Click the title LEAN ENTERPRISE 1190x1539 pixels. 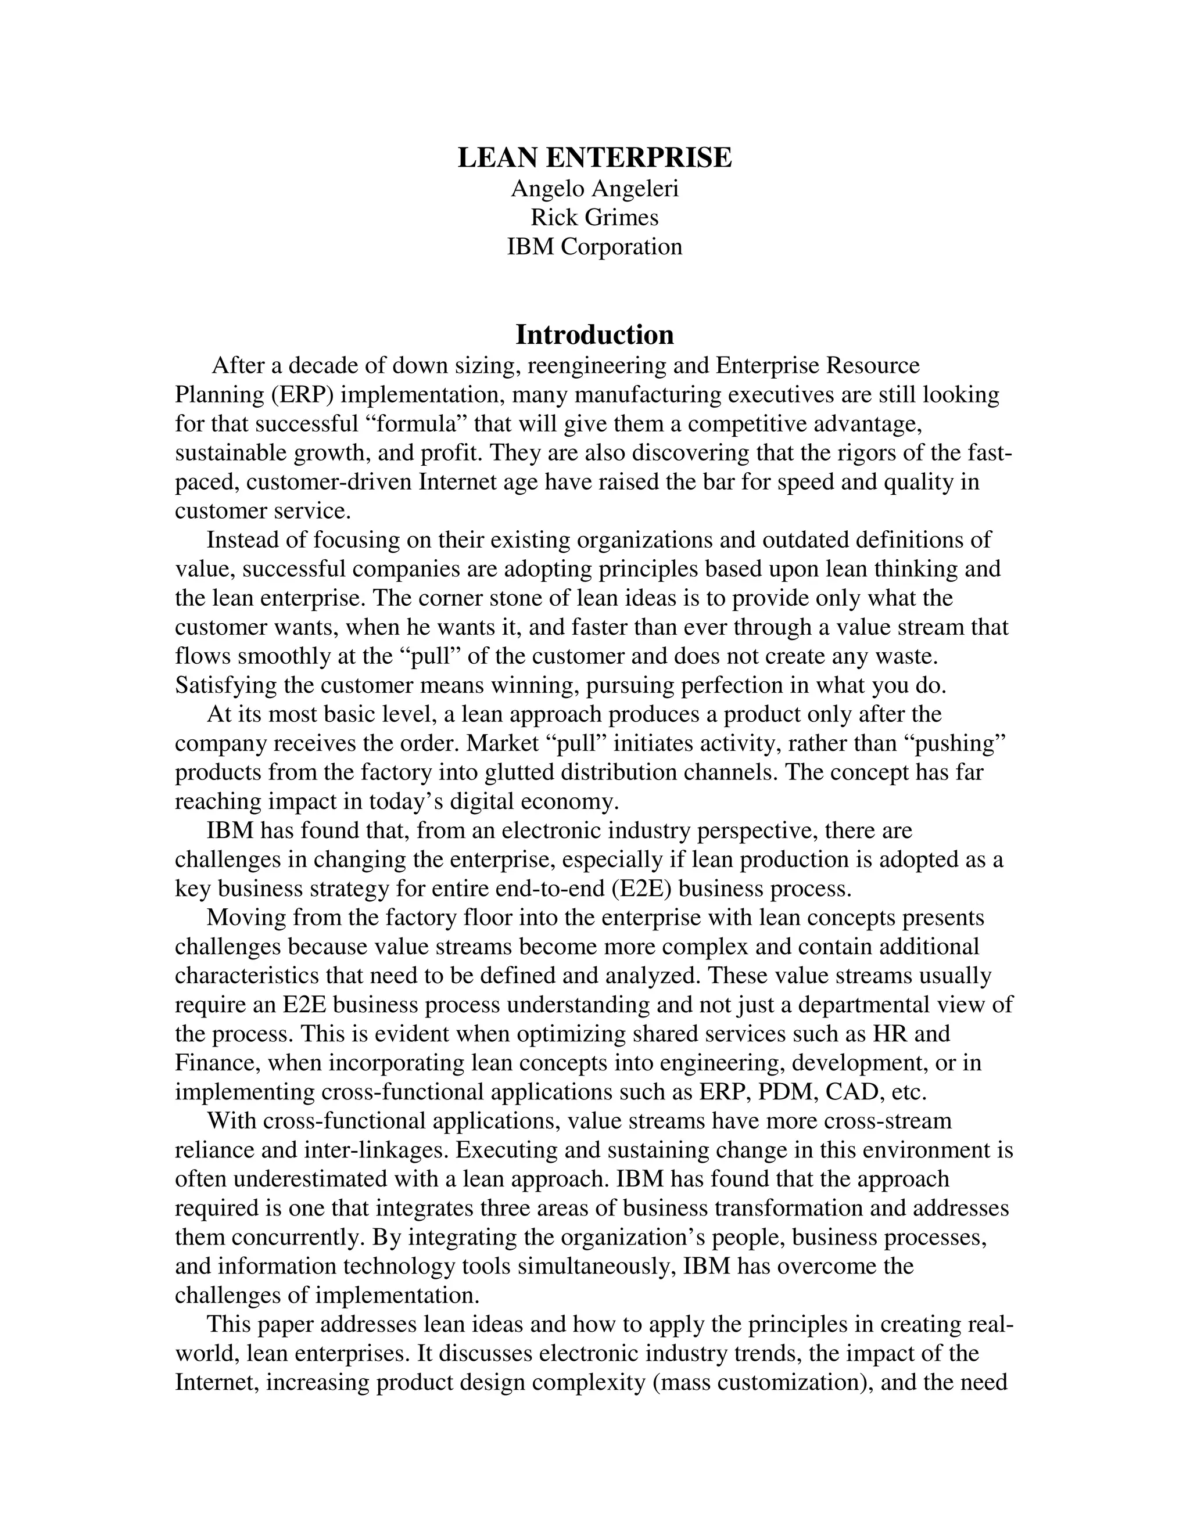[594, 158]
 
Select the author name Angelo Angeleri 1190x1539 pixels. [594, 189]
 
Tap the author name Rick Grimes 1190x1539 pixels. [594, 218]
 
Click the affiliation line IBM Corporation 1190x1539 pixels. [594, 247]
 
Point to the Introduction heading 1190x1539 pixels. [594, 335]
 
